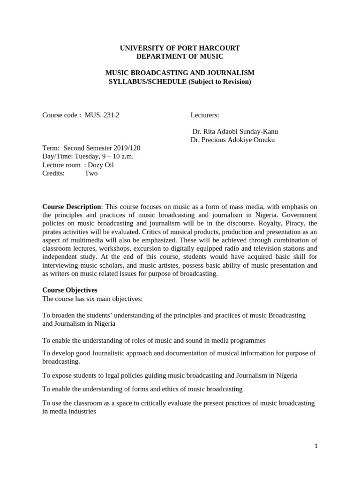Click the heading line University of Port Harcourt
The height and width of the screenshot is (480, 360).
[180, 48]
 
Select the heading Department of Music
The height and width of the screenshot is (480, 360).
[180, 57]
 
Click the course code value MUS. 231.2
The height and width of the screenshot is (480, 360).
[102, 115]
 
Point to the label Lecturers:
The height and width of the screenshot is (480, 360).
[205, 115]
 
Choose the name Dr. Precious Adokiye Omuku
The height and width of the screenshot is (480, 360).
[232, 140]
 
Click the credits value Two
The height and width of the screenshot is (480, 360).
[91, 173]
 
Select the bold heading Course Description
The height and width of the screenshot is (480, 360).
[72, 207]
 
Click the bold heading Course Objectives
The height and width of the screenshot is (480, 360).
[70, 290]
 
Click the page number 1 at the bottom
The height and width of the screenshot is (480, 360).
[316, 447]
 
